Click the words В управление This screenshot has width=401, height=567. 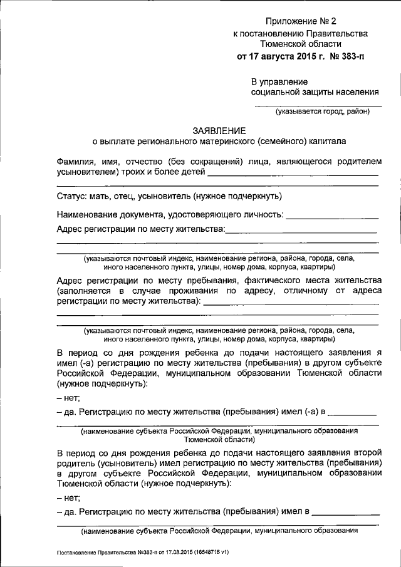coord(279,81)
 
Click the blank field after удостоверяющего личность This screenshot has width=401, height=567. coord(331,215)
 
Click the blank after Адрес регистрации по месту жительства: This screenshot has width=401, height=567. coord(301,230)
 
